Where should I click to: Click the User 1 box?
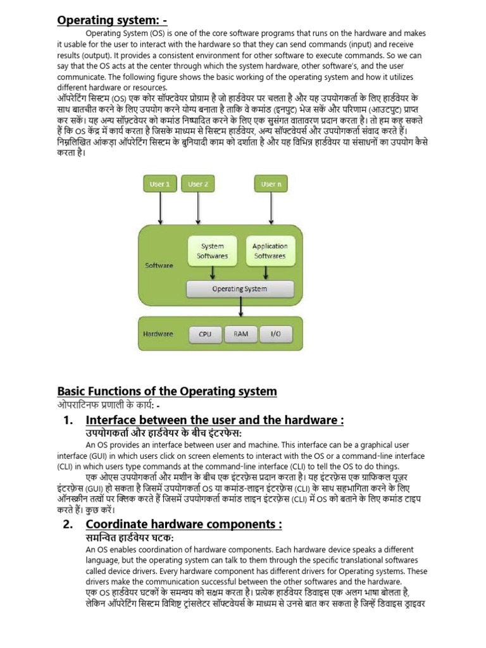click(x=159, y=184)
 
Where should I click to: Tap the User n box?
click(x=270, y=184)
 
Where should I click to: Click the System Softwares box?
click(x=213, y=251)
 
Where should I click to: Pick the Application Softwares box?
click(x=270, y=251)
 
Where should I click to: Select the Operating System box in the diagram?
click(x=240, y=289)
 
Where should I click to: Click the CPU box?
click(x=205, y=333)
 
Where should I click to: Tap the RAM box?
click(x=240, y=333)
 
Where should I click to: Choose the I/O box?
click(x=276, y=333)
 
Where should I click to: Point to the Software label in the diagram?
click(x=159, y=266)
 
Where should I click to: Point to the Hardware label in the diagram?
click(x=158, y=333)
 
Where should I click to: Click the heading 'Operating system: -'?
click(x=112, y=20)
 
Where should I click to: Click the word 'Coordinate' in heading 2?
click(x=118, y=524)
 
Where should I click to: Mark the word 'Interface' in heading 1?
click(x=113, y=420)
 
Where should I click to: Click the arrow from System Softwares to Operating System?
click(x=213, y=272)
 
